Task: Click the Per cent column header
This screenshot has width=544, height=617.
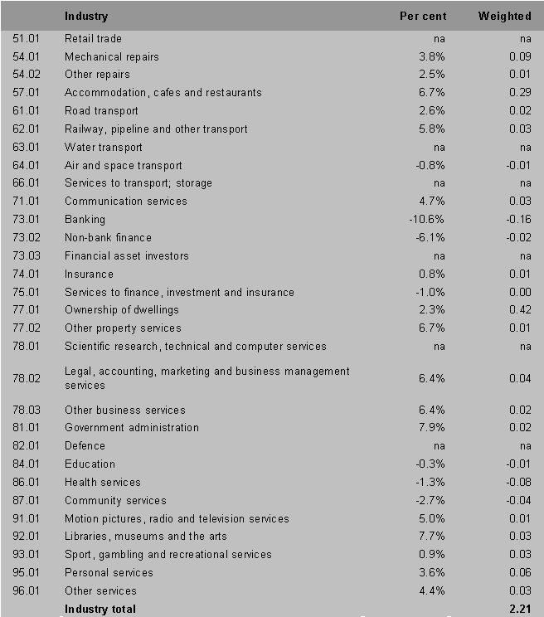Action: [422, 16]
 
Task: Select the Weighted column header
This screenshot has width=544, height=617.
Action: [504, 16]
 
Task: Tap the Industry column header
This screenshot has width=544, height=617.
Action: [86, 16]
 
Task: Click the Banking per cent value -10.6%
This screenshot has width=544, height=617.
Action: [426, 220]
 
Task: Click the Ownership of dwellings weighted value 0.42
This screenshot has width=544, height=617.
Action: [519, 310]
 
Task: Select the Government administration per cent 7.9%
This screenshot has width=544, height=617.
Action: [432, 428]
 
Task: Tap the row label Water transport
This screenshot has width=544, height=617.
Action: [104, 148]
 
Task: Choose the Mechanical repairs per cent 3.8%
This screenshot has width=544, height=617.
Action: [432, 57]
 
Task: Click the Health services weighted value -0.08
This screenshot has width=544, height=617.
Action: [517, 483]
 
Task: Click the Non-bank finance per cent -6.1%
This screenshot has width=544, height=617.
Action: [430, 238]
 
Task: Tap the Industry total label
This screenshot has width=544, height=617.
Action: [100, 610]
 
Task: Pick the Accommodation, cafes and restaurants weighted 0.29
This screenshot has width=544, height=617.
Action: [519, 93]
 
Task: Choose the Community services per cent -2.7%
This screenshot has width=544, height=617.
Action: [430, 501]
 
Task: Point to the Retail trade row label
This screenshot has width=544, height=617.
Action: [93, 39]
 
